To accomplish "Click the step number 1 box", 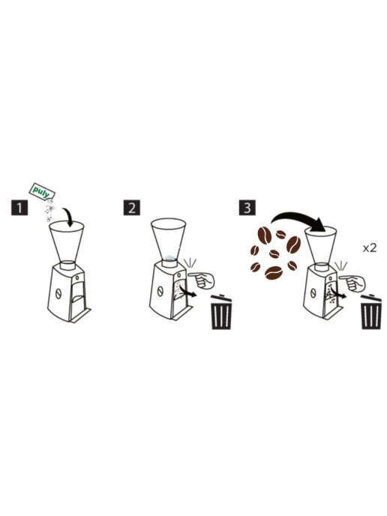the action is pos(19,208).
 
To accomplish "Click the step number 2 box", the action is pos(132,208).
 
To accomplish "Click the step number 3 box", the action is pos(247,208).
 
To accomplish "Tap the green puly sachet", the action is pos(43,191).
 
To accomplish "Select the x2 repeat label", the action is pos(370,247).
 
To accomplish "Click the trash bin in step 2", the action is pos(221,312).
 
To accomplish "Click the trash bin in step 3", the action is pos(371,312).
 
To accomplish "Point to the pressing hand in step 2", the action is pos(202,280).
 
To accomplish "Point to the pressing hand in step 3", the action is pos(352,283).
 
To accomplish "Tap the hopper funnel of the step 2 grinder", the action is pos(169,238).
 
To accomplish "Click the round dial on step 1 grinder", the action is pos(58,293).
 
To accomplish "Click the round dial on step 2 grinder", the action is pos(160,291).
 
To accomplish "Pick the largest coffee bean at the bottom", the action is pos(274,272).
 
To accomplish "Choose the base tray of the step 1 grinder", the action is pos(80,315).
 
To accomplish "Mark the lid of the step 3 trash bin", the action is pos(371,298).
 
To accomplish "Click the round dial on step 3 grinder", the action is pos(313,292).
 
